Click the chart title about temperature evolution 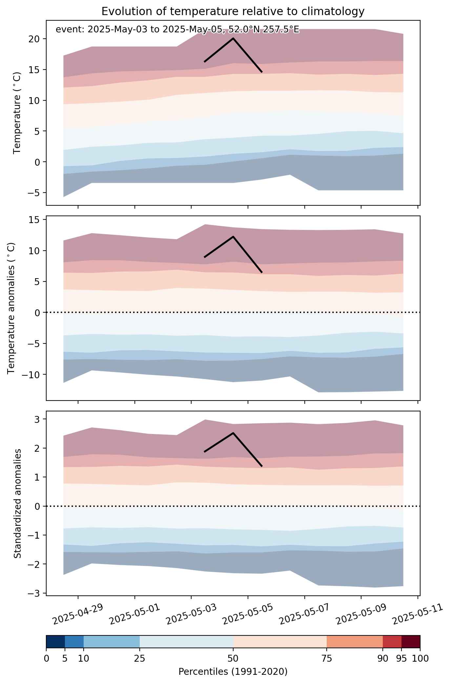(x=233, y=11)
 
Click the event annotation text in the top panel (x=177, y=30)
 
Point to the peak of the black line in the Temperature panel (x=233, y=38)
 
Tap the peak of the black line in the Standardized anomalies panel (x=233, y=433)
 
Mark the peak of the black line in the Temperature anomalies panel (x=233, y=236)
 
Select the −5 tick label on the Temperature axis (x=33, y=193)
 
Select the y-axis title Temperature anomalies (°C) (x=11, y=308)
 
